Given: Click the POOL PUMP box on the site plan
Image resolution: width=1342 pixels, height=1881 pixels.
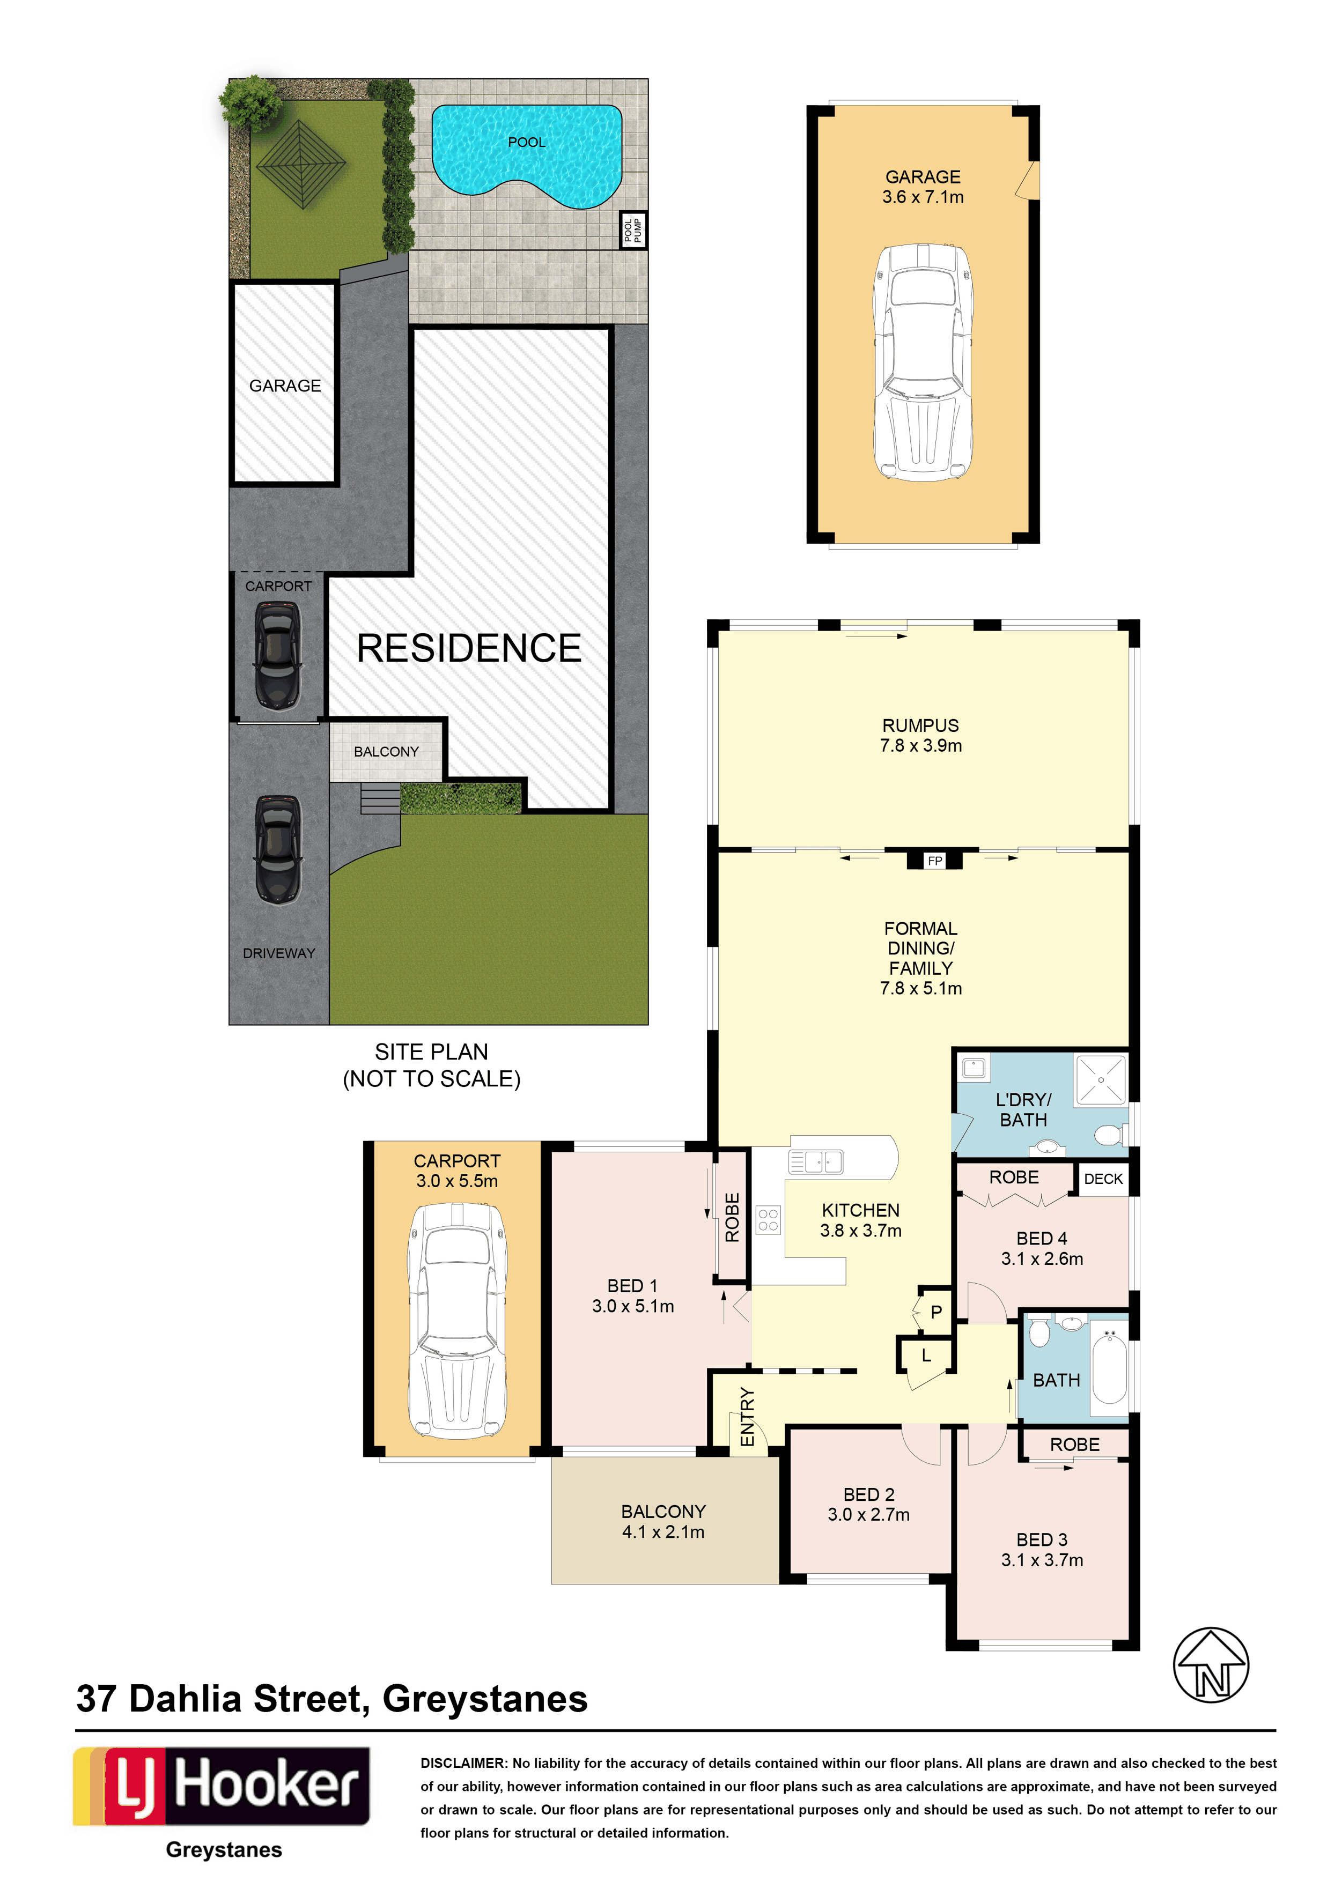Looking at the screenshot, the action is pos(633,229).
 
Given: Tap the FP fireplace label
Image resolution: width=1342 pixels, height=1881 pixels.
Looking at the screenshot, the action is pos(934,861).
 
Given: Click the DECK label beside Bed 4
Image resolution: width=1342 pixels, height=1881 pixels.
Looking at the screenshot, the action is pos(1103,1179).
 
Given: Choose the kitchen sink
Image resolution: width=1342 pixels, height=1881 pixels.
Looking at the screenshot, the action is pos(816,1161).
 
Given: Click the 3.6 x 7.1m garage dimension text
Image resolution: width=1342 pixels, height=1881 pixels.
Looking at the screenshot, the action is pos(923,197).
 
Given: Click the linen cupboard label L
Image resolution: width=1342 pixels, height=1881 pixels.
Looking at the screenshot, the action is pos(926,1356).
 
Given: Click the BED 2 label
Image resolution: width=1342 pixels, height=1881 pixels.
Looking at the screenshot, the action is pos(868,1494).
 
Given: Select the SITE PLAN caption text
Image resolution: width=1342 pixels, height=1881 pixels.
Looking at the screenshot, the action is pos(431,1051).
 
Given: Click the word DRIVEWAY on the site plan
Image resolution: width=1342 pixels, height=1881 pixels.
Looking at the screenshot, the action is pos(279,953).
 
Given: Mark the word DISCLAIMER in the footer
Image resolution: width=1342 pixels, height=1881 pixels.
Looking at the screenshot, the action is pos(463,1763).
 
